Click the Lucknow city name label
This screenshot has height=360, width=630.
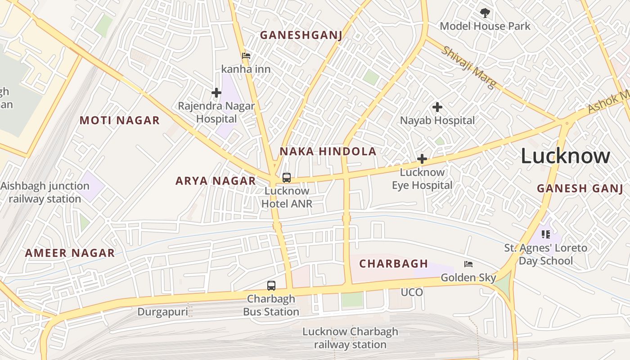(565, 157)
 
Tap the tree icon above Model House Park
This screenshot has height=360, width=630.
(485, 13)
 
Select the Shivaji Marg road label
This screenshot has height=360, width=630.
(468, 67)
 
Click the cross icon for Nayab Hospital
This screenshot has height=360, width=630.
(437, 107)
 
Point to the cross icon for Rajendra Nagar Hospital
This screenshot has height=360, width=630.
(216, 93)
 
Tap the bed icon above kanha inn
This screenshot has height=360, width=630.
(246, 56)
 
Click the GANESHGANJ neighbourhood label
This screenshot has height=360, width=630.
(301, 35)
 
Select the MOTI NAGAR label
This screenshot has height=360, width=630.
(120, 120)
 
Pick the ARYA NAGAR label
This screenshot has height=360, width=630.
(216, 181)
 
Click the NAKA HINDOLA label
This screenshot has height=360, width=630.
(328, 151)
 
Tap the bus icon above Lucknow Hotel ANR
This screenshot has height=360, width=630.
(287, 177)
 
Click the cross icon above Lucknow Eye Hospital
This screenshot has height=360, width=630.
(422, 159)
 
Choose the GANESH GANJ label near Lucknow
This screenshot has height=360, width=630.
(580, 189)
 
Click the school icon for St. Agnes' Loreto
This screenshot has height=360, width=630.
(545, 234)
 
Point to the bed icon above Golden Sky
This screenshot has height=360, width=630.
(468, 264)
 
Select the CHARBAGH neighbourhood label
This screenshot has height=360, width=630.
(393, 264)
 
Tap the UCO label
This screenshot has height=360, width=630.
(412, 292)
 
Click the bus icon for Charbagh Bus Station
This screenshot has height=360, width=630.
(271, 285)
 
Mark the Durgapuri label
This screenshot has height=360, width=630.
(162, 312)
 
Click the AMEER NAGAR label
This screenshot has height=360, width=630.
(70, 253)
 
